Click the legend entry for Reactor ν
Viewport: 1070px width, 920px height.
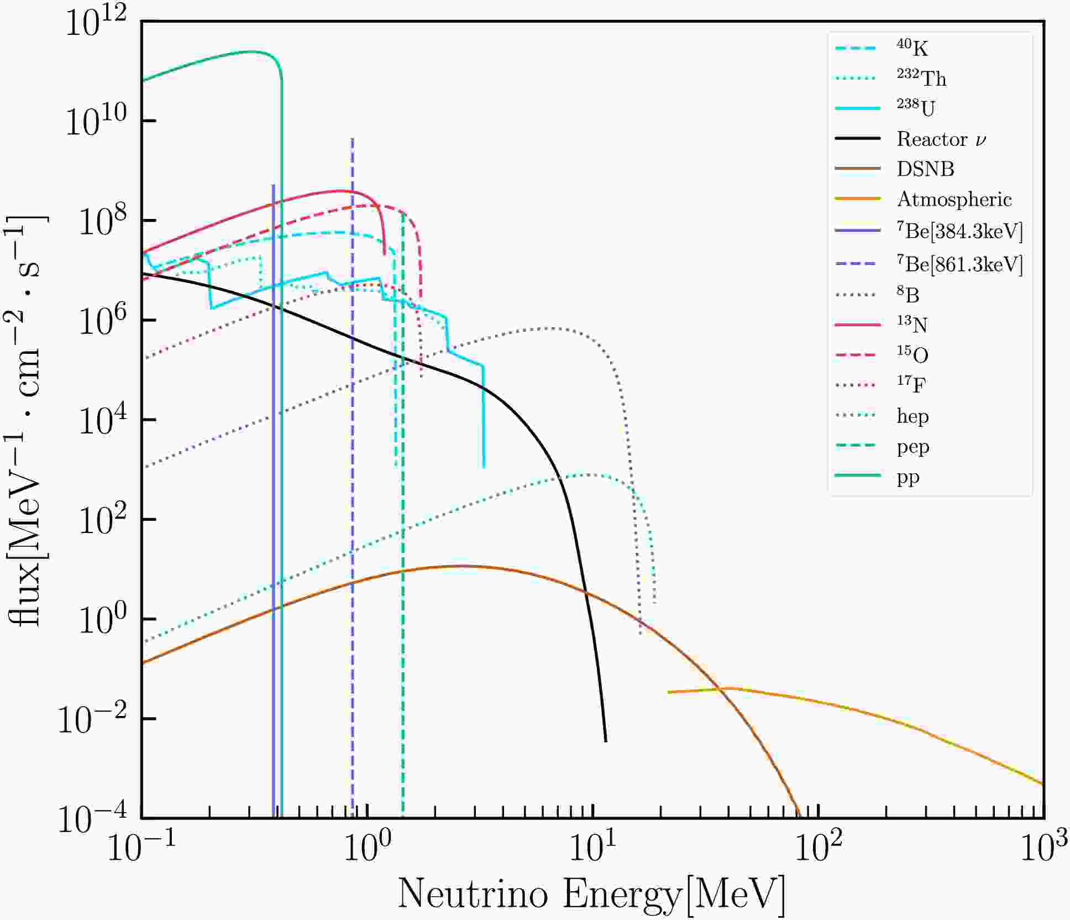[941, 139]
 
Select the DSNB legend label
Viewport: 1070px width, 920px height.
[925, 169]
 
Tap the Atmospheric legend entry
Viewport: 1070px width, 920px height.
[954, 199]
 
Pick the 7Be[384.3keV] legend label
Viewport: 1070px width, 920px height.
[959, 231]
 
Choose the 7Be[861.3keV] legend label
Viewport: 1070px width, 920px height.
[959, 264]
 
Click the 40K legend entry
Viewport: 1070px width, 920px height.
[912, 48]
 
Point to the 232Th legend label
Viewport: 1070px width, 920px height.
[921, 78]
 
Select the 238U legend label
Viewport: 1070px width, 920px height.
[916, 107]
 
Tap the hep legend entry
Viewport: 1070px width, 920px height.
[912, 416]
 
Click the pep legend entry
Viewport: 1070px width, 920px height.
[912, 447]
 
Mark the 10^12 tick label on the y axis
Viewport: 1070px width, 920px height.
[96, 23]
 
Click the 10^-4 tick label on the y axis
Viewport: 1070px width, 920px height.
[91, 819]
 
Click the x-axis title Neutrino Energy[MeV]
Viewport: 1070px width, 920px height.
[591, 894]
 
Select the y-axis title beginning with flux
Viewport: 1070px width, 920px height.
[28, 420]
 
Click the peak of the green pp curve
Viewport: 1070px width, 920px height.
[251, 52]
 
